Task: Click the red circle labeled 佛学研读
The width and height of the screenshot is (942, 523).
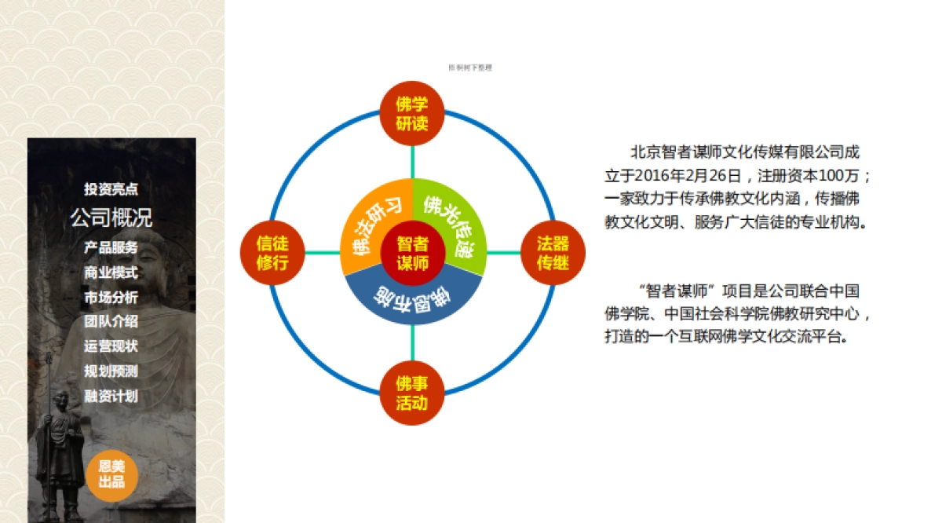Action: pyautogui.click(x=412, y=113)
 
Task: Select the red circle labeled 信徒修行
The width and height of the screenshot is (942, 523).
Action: pyautogui.click(x=272, y=253)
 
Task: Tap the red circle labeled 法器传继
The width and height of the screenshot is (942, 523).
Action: pyautogui.click(x=553, y=253)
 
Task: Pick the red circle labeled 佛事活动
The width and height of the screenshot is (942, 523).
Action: pyautogui.click(x=412, y=393)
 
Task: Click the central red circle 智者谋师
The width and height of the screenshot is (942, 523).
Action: pyautogui.click(x=412, y=253)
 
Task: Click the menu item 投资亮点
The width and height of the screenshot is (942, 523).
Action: pyautogui.click(x=111, y=189)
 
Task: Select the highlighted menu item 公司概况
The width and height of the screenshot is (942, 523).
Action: pyautogui.click(x=111, y=218)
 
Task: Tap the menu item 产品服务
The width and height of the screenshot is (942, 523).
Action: pyautogui.click(x=111, y=247)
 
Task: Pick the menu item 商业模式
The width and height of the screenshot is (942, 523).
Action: pyautogui.click(x=111, y=272)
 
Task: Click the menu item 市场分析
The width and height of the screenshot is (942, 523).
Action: pyautogui.click(x=111, y=298)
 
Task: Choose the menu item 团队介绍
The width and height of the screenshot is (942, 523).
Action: pyautogui.click(x=111, y=321)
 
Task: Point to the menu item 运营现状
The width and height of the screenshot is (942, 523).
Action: pyautogui.click(x=111, y=346)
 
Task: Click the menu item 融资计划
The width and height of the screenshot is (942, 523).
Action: pyautogui.click(x=111, y=396)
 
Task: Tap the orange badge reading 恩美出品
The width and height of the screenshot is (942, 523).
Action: pyautogui.click(x=111, y=474)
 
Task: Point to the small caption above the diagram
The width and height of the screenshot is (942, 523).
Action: pyautogui.click(x=469, y=68)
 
